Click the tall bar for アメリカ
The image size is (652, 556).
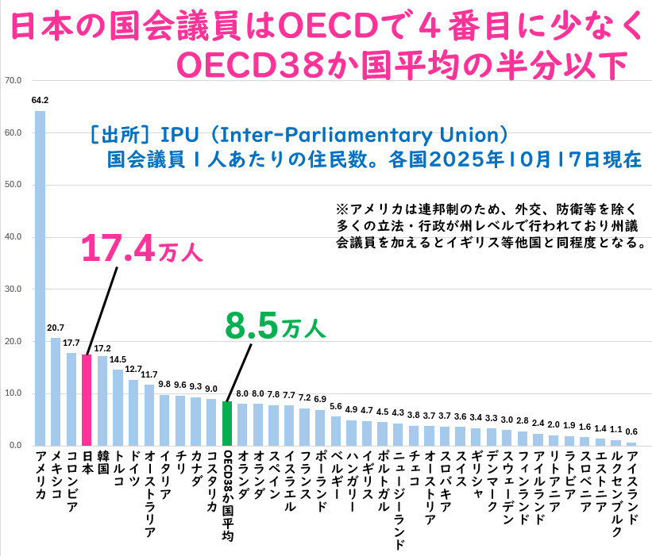[x=40, y=278]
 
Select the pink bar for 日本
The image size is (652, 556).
[x=87, y=401]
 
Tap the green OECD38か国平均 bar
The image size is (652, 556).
[x=227, y=424]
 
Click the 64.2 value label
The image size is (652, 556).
[x=40, y=101]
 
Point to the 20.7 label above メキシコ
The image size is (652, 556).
[x=56, y=328]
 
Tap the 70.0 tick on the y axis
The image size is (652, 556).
[x=13, y=80]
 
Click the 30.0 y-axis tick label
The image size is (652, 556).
[x=13, y=290]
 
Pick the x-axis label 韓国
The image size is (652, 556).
[x=102, y=463]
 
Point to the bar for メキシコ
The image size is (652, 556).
[x=56, y=392]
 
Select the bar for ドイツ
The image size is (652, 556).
[x=133, y=412]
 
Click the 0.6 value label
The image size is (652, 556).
[x=631, y=432]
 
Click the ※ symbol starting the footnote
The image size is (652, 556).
[x=342, y=209]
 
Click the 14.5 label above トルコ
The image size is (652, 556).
[x=118, y=359]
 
